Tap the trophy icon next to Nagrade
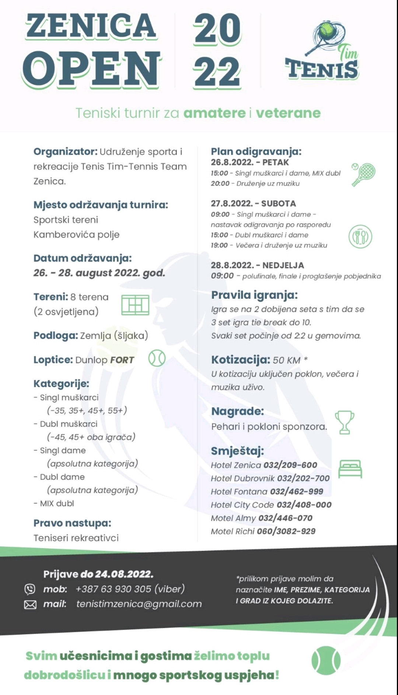345,422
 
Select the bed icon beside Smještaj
350,468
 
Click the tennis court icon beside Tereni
135,305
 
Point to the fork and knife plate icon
360,236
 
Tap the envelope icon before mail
30,605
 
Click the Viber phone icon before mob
30,589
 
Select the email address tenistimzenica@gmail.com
139,604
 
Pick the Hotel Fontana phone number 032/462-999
296,491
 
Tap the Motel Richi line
263,531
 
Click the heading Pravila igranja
254,295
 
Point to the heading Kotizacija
240,359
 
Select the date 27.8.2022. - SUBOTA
253,203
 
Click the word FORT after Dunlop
122,360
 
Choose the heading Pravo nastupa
72,523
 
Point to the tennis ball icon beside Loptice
157,358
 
